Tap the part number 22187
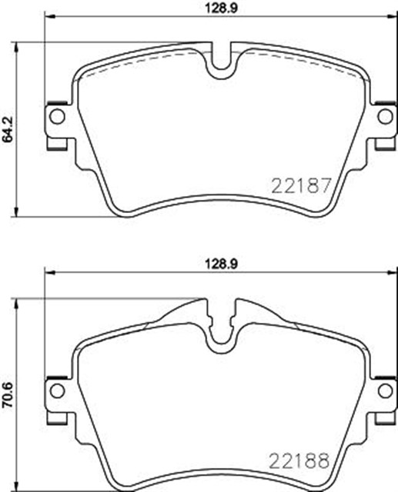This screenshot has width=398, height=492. point(300,185)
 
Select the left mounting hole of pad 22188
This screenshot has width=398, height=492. point(56,390)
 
